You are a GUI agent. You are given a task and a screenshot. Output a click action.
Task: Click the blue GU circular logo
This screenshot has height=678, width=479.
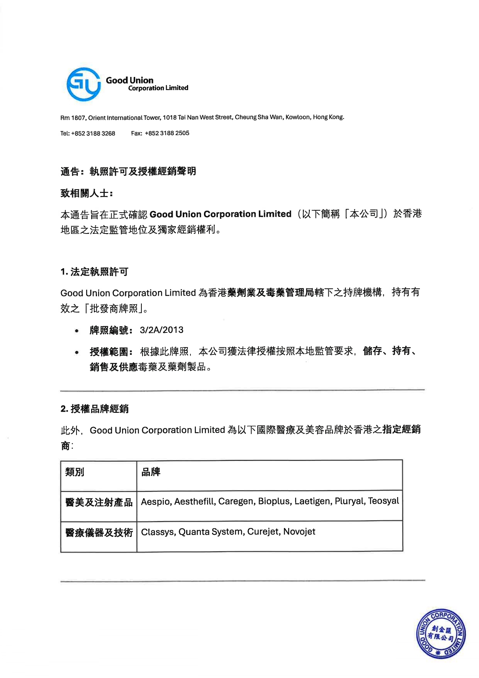pos(83,84)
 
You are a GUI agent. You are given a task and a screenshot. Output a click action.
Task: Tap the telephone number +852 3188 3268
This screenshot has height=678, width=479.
pos(93,133)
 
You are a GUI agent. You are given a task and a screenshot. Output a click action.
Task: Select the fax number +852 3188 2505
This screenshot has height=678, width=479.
pos(167,133)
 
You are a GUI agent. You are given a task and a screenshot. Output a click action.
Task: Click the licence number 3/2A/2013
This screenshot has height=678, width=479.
pos(161,330)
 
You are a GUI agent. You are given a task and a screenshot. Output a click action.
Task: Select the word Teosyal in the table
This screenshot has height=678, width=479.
pos(383,501)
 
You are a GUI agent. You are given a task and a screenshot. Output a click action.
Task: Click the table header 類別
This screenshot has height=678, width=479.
pos(75,472)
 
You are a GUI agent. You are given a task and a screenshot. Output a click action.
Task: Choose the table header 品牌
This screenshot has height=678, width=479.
pos(151,472)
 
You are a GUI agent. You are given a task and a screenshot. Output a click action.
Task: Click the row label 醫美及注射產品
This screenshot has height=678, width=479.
pos(99,502)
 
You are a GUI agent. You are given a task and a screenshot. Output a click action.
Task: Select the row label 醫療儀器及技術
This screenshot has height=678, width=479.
pos(99,533)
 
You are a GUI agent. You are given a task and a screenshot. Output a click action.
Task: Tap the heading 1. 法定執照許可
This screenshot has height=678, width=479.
pos(94,272)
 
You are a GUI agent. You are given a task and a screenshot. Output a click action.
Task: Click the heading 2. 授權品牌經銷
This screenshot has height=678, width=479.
pos(94,409)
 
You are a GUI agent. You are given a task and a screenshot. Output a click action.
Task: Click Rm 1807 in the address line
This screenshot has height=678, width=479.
pos(73,118)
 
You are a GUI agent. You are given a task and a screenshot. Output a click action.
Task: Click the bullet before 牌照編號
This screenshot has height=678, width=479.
pos(77,331)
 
